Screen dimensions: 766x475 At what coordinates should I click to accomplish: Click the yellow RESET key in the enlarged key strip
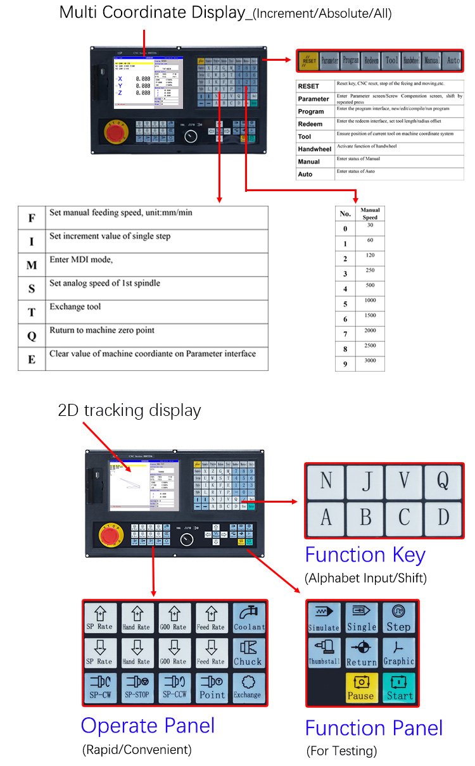[x=308, y=61]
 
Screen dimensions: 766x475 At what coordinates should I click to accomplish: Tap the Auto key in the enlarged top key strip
[x=452, y=61]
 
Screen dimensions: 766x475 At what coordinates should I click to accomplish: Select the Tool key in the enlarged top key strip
[x=391, y=61]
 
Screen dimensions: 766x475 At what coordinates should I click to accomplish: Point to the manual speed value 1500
[x=370, y=315]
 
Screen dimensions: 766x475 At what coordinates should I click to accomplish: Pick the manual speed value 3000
[x=370, y=361]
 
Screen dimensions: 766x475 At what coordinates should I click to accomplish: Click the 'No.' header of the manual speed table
[x=345, y=213]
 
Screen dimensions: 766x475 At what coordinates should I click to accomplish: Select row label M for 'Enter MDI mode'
[x=32, y=265]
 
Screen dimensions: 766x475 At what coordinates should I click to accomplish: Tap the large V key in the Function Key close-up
[x=404, y=482]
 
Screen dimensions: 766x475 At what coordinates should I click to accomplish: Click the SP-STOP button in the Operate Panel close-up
[x=137, y=688]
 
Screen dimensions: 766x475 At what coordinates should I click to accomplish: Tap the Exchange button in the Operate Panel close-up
[x=248, y=688]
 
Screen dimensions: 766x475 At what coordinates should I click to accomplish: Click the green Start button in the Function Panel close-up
[x=398, y=688]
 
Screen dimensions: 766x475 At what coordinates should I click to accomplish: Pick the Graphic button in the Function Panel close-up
[x=398, y=653]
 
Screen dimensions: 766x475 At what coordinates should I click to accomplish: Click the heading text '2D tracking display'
[x=129, y=410]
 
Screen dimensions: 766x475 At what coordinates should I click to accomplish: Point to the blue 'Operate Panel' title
[x=148, y=725]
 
